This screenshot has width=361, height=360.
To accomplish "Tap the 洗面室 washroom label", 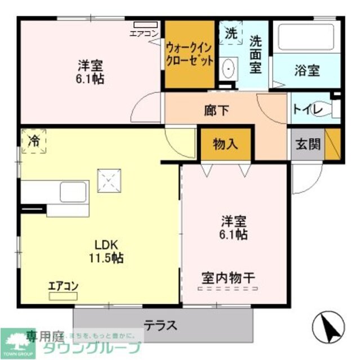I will [255, 54].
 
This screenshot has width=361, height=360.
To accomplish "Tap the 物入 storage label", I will [225, 143].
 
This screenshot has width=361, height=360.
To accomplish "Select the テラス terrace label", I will [161, 325].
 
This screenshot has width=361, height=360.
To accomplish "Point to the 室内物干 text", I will [228, 277].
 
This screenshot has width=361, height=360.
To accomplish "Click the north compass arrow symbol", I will [328, 327].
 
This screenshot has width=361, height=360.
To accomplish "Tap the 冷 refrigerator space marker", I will [34, 141].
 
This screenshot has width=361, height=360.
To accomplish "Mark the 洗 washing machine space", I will [231, 33].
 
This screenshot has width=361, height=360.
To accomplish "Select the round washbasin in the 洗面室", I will [228, 69].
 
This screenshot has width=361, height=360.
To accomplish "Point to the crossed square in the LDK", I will [110, 181].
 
